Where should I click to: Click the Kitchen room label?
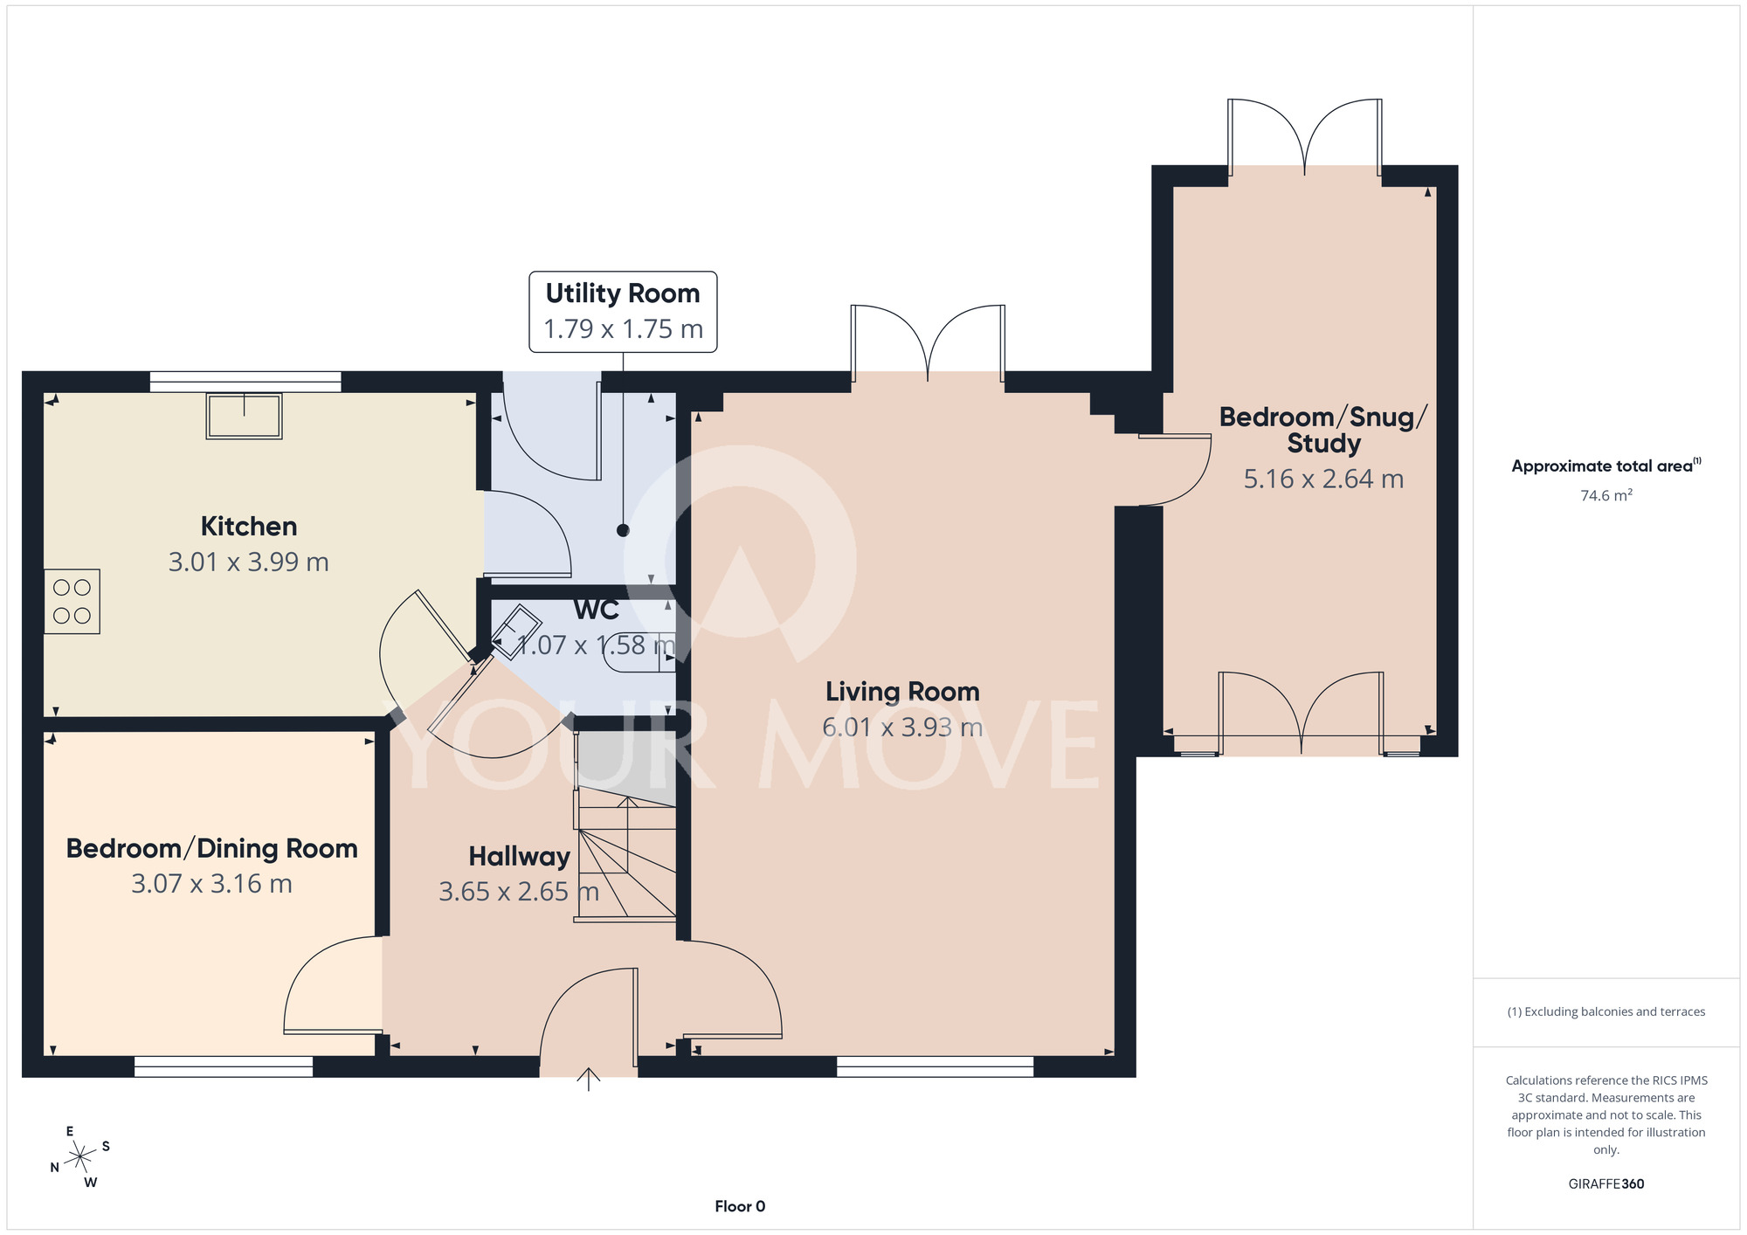[249, 526]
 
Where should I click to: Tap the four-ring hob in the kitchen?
[73, 602]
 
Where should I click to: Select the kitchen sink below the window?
[245, 416]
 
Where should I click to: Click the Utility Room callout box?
[623, 312]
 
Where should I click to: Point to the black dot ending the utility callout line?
[623, 530]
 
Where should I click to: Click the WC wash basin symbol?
[515, 631]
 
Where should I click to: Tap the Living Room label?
[902, 692]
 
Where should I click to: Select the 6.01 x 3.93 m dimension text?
[902, 727]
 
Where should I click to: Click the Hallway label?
[520, 857]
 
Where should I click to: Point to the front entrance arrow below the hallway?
[589, 1080]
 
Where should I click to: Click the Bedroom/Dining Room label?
[212, 848]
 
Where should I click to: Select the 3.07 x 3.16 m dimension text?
[212, 884]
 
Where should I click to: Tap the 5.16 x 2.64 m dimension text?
[1324, 479]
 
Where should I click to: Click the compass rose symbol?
[80, 1157]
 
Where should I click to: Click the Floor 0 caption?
[740, 1206]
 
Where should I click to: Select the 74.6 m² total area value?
[1606, 495]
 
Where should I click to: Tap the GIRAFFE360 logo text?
[1606, 1184]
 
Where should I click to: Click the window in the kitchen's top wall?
[245, 381]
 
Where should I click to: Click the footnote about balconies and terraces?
[1606, 1011]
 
